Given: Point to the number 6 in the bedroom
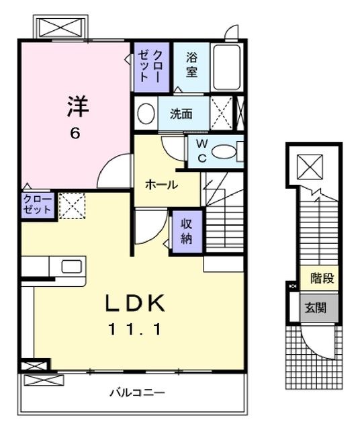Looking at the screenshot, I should pyautogui.click(x=75, y=133).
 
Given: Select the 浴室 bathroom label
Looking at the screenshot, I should pyautogui.click(x=191, y=64).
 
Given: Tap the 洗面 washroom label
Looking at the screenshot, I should pyautogui.click(x=181, y=114).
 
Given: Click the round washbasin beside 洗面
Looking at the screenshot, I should pyautogui.click(x=145, y=114).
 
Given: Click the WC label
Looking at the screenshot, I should pyautogui.click(x=201, y=152).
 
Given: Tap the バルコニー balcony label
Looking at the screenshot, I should pyautogui.click(x=137, y=392).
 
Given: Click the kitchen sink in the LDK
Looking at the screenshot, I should pyautogui.click(x=72, y=266).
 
